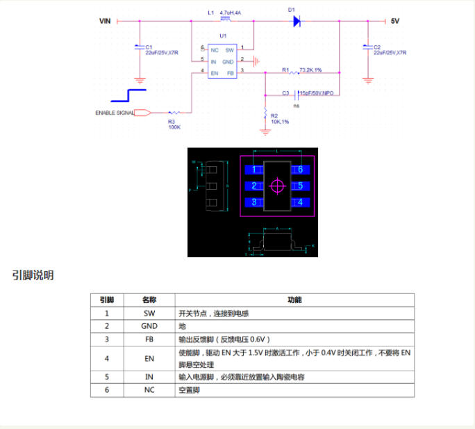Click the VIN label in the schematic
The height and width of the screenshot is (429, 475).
point(105,21)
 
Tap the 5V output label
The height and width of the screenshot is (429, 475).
point(395,22)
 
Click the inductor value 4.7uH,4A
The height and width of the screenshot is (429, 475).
point(229,13)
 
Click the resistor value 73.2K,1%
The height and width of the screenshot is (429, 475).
point(310,70)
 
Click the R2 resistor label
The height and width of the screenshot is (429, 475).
point(274,115)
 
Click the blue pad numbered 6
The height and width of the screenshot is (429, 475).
point(301,170)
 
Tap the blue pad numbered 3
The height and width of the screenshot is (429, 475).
point(255,202)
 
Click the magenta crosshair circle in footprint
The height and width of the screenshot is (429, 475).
point(278,186)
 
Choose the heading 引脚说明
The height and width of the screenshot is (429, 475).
point(33,275)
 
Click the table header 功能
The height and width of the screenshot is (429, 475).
point(294,300)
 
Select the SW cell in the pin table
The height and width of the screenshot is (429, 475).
point(149,313)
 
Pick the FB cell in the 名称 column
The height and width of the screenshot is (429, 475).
point(149,339)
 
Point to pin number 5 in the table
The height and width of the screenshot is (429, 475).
point(107,377)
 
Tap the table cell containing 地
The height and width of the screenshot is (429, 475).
point(183,326)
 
